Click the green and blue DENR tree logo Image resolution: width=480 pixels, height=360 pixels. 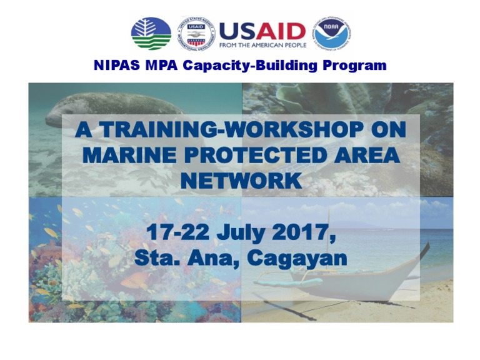pyautogui.click(x=151, y=33)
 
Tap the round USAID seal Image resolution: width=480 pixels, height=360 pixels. pyautogui.click(x=196, y=33)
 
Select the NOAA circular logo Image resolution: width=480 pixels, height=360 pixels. pyautogui.click(x=332, y=33)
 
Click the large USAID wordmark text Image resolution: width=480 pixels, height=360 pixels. pyautogui.click(x=262, y=29)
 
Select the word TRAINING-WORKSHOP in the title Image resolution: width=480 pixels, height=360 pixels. pyautogui.click(x=224, y=130)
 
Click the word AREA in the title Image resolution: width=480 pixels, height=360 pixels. pyautogui.click(x=369, y=155)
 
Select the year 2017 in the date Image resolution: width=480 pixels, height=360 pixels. pyautogui.click(x=306, y=232)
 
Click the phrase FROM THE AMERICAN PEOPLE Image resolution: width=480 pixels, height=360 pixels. pyautogui.click(x=262, y=45)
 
